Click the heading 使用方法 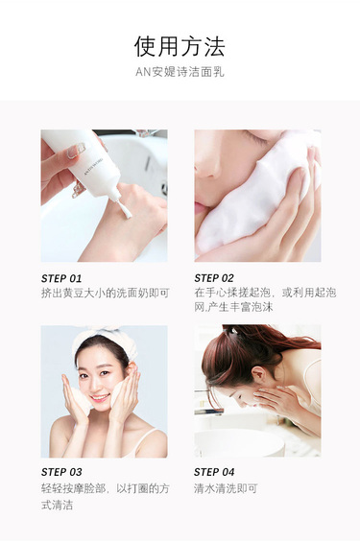tap(180, 47)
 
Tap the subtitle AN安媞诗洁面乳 tap(180, 72)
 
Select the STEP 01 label tap(61, 278)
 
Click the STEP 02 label tap(214, 278)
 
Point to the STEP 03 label tap(61, 472)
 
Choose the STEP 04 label tap(214, 472)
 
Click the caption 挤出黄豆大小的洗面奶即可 tap(106, 294)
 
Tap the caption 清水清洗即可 tap(226, 488)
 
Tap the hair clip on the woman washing tap(233, 331)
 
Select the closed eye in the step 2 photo tap(256, 139)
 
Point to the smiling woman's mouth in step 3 tap(99, 398)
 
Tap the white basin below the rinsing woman tap(239, 442)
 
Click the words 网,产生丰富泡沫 tap(234, 307)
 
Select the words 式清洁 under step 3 tap(57, 505)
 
